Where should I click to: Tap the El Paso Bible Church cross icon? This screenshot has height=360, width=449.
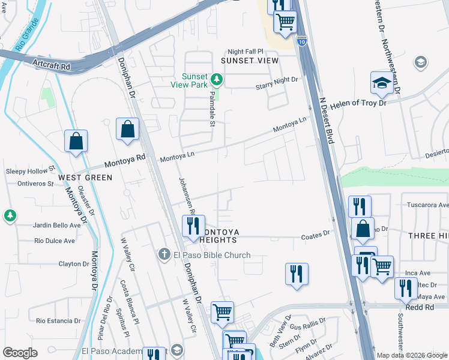point(164,255)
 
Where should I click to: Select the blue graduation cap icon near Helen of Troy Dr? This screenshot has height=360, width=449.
point(381,83)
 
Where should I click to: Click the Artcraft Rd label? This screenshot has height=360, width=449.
point(52,64)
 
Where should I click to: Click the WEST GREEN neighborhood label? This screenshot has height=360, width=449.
point(85,178)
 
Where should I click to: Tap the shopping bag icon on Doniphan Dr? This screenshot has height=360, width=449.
point(128,129)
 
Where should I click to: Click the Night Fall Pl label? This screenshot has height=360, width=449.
point(245,52)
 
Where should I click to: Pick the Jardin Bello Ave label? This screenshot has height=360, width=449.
point(58,226)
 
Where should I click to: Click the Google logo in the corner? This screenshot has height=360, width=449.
point(20,353)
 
